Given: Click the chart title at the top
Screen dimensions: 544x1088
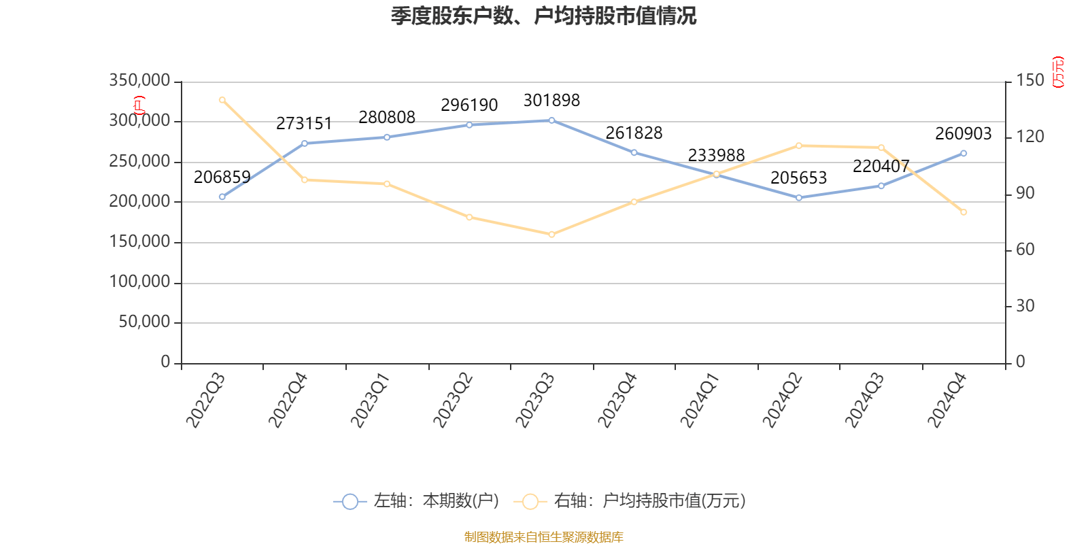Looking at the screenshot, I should [543, 16].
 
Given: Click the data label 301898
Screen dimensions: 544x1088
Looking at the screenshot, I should [551, 101].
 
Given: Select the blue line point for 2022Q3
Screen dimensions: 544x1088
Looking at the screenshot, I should [222, 197].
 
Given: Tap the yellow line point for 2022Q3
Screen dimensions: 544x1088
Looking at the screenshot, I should [222, 100].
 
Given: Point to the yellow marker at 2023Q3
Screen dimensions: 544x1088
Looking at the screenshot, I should [551, 235].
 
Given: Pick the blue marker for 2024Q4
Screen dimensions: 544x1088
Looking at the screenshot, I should [964, 154].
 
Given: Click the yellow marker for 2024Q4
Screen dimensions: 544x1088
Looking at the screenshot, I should [964, 212].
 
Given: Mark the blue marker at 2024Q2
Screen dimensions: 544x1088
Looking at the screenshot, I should [799, 198].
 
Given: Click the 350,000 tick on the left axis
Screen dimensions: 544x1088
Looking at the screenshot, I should [139, 81].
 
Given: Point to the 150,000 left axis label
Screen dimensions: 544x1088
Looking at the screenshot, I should [139, 242].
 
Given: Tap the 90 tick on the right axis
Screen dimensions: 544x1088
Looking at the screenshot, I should [1025, 194].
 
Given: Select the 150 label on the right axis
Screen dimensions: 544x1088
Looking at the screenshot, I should [1030, 81].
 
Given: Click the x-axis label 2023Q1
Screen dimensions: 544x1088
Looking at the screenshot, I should [370, 400].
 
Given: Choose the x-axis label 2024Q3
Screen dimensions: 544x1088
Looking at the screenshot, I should [864, 400].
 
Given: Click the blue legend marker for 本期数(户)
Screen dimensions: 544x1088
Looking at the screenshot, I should [350, 502].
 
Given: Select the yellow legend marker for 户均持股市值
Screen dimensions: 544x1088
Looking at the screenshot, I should [530, 502].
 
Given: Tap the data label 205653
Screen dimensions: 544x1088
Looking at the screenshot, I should [798, 178].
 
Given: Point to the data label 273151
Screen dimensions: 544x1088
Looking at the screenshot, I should [304, 124].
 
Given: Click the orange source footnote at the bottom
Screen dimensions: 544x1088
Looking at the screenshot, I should [543, 537].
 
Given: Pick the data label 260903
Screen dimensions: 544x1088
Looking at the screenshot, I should [963, 134].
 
